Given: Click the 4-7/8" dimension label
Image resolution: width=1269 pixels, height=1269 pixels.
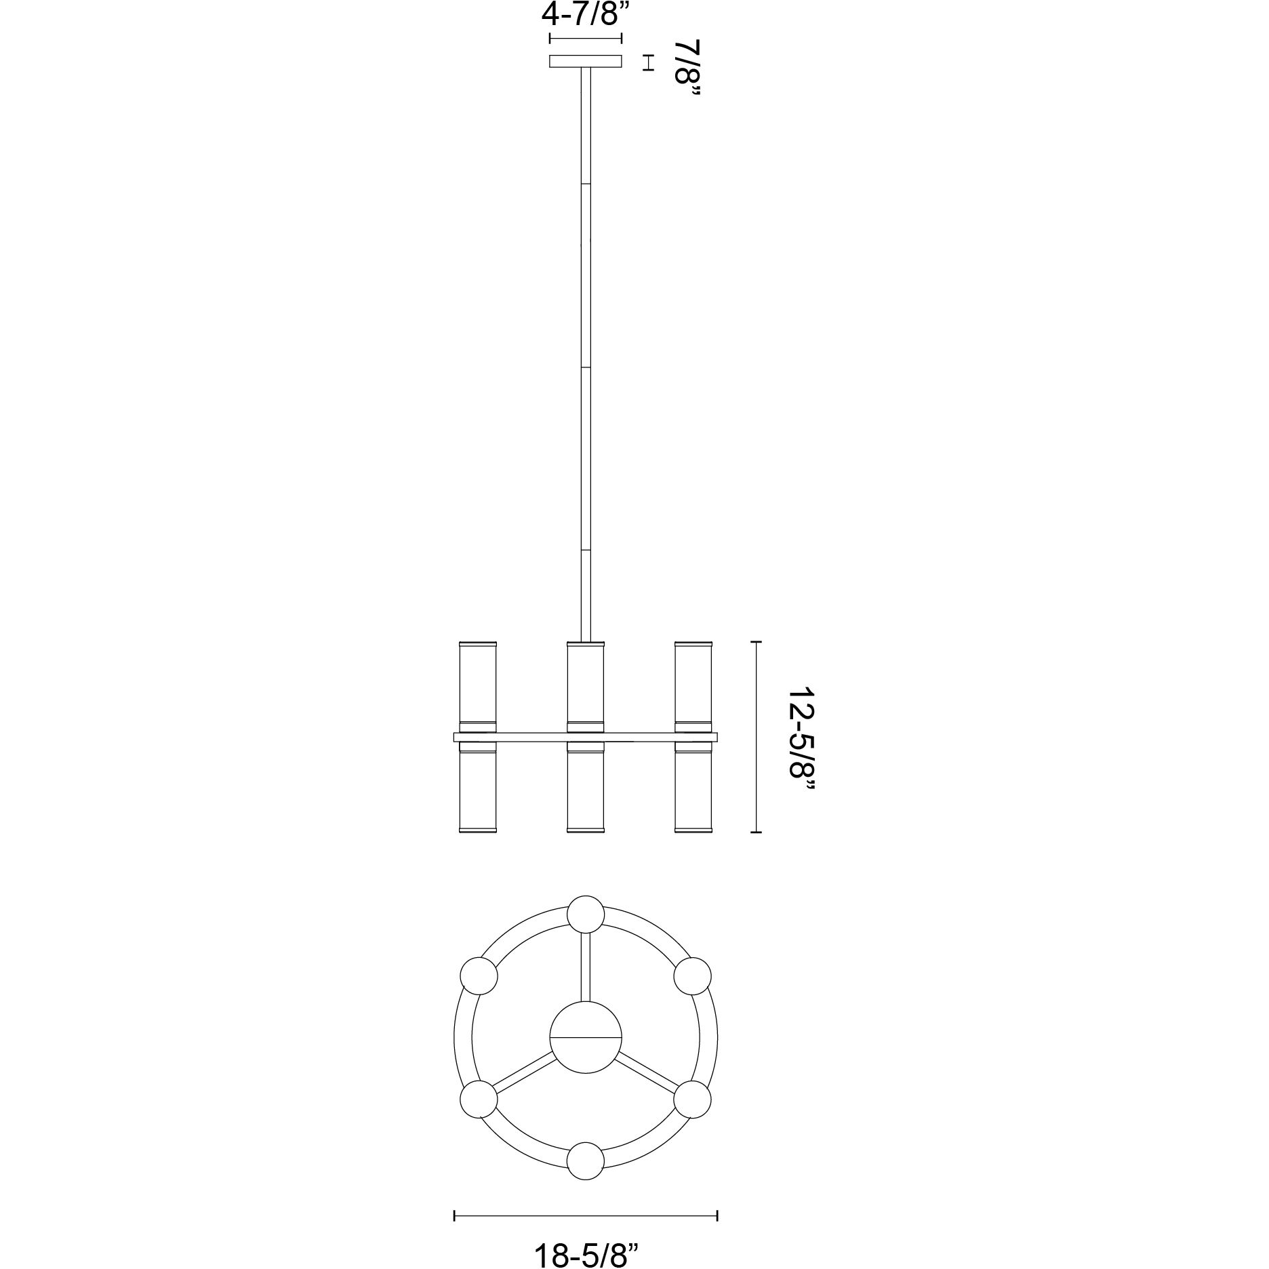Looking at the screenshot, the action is (584, 14).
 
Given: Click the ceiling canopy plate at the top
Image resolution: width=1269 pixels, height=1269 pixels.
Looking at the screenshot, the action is (586, 62).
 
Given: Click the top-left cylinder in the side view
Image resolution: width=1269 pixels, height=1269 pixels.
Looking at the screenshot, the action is (478, 685).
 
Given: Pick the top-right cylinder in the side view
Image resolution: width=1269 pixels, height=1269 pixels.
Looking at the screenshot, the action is (693, 685).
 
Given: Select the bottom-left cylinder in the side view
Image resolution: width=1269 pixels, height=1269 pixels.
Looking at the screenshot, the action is (478, 787).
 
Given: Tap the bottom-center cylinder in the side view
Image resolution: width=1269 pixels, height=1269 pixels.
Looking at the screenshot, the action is (586, 787).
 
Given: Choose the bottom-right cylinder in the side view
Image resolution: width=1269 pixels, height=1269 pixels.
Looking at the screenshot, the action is (693, 787).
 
